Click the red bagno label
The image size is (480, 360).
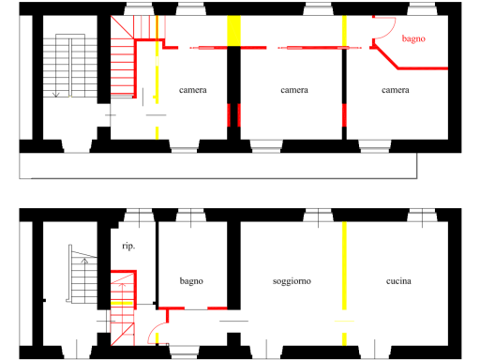413,38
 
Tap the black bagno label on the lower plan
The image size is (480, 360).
191,281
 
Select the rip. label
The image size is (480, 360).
128,247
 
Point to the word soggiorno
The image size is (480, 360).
292,281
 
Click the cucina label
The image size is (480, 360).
398,281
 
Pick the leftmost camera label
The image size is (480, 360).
193,90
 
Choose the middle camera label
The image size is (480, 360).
294,90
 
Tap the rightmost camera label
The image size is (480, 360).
396,90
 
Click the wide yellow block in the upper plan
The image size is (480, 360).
233,31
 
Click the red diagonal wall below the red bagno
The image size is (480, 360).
386,57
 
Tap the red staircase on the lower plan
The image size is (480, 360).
123,307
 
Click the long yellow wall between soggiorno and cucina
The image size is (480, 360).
344,265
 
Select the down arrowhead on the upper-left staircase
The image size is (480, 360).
56,95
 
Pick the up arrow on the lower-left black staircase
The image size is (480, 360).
84,262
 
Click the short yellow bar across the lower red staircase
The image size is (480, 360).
122,303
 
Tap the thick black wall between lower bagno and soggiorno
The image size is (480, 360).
233,265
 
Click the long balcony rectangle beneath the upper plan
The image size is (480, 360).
217,166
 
